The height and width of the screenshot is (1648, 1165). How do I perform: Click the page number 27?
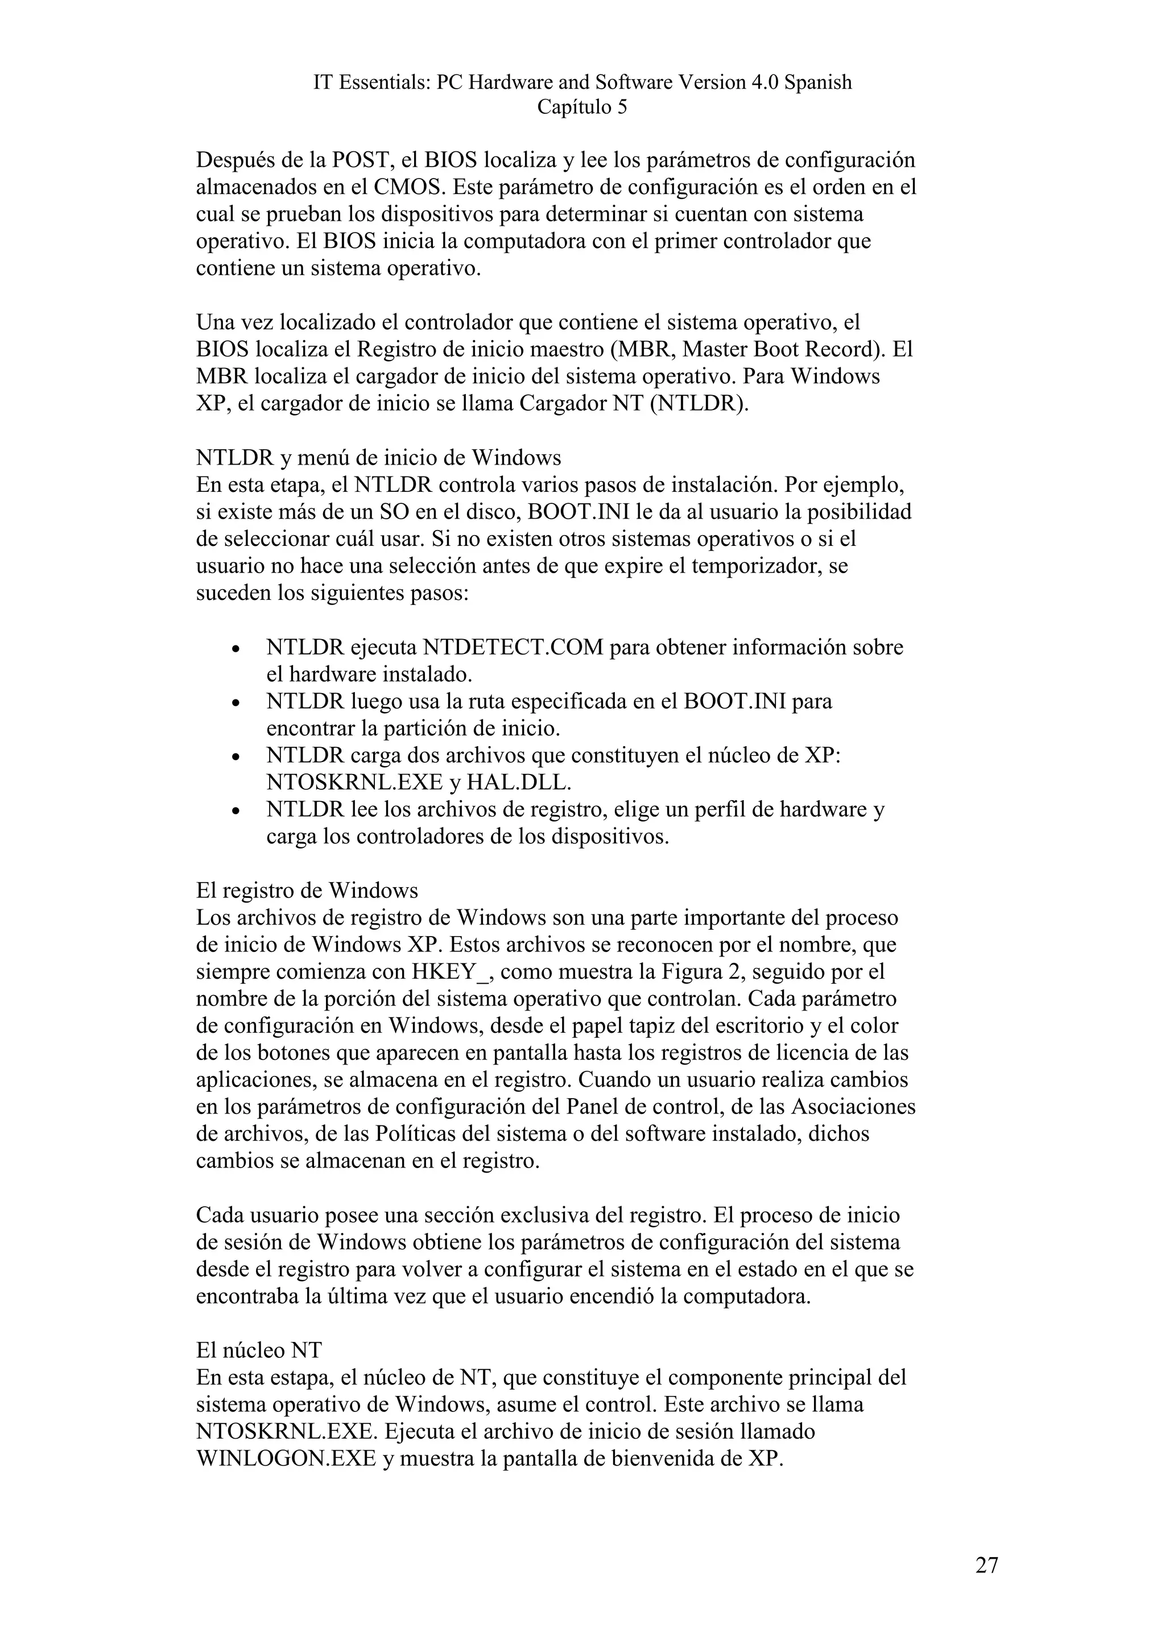(x=986, y=1566)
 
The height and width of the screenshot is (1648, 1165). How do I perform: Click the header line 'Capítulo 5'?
(x=582, y=107)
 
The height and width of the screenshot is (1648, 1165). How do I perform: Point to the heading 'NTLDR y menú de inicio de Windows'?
(x=378, y=458)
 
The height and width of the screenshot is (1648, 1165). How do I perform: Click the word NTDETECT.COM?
(x=513, y=647)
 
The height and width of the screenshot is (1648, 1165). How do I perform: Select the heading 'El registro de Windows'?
(x=307, y=891)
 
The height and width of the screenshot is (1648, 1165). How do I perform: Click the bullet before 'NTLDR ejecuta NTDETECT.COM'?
(x=236, y=649)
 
